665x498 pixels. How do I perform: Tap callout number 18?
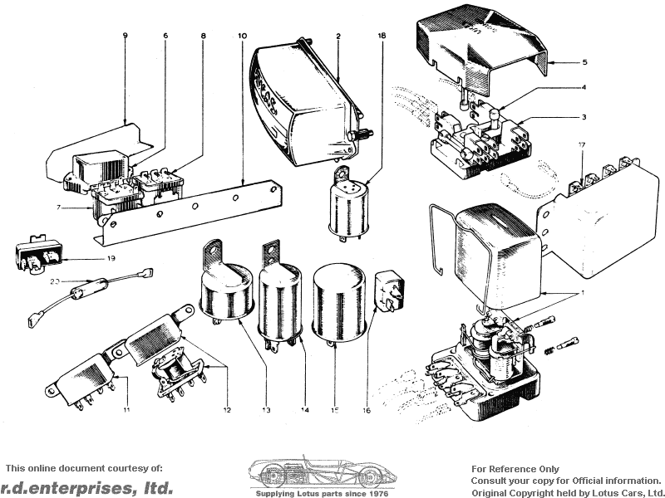(382, 37)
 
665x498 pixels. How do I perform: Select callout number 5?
(584, 62)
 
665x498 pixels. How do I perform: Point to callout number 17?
(583, 146)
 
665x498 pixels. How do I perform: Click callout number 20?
(55, 281)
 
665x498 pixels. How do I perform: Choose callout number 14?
(305, 410)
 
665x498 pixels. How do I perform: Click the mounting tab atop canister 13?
(214, 251)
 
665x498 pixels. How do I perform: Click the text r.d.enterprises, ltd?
(87, 487)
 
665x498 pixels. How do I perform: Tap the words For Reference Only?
(515, 469)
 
